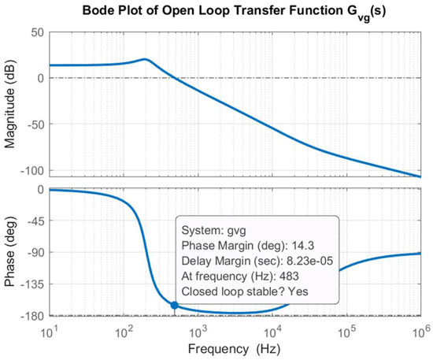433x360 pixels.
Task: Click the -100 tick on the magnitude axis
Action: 30,170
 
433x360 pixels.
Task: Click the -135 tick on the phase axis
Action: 30,284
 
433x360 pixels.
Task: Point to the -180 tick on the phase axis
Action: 30,316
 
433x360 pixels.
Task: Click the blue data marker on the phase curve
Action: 174,306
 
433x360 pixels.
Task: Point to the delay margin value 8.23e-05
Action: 302,262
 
